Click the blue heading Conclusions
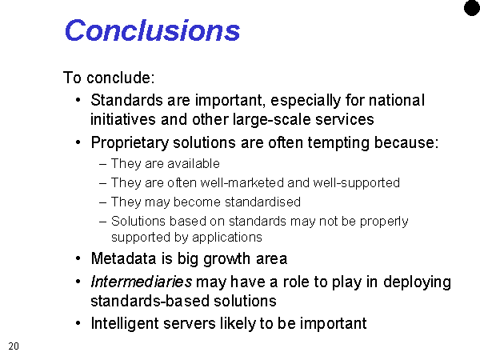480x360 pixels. [x=152, y=30]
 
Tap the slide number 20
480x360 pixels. [x=14, y=346]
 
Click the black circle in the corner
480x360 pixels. [x=472, y=7]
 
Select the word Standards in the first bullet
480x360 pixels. [x=126, y=100]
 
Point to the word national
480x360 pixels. [x=397, y=100]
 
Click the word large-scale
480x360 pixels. [x=271, y=119]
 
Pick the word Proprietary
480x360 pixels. [x=130, y=143]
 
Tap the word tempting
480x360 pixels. [x=338, y=143]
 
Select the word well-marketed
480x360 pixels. [x=242, y=182]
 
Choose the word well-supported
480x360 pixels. [x=356, y=183]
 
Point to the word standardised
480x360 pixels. [x=262, y=202]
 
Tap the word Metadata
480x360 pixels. [x=124, y=258]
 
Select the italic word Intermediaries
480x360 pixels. [x=142, y=282]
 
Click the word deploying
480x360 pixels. [x=417, y=282]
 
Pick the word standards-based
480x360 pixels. [x=150, y=301]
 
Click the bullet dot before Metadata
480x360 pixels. [x=78, y=258]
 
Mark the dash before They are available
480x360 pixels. [x=103, y=164]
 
